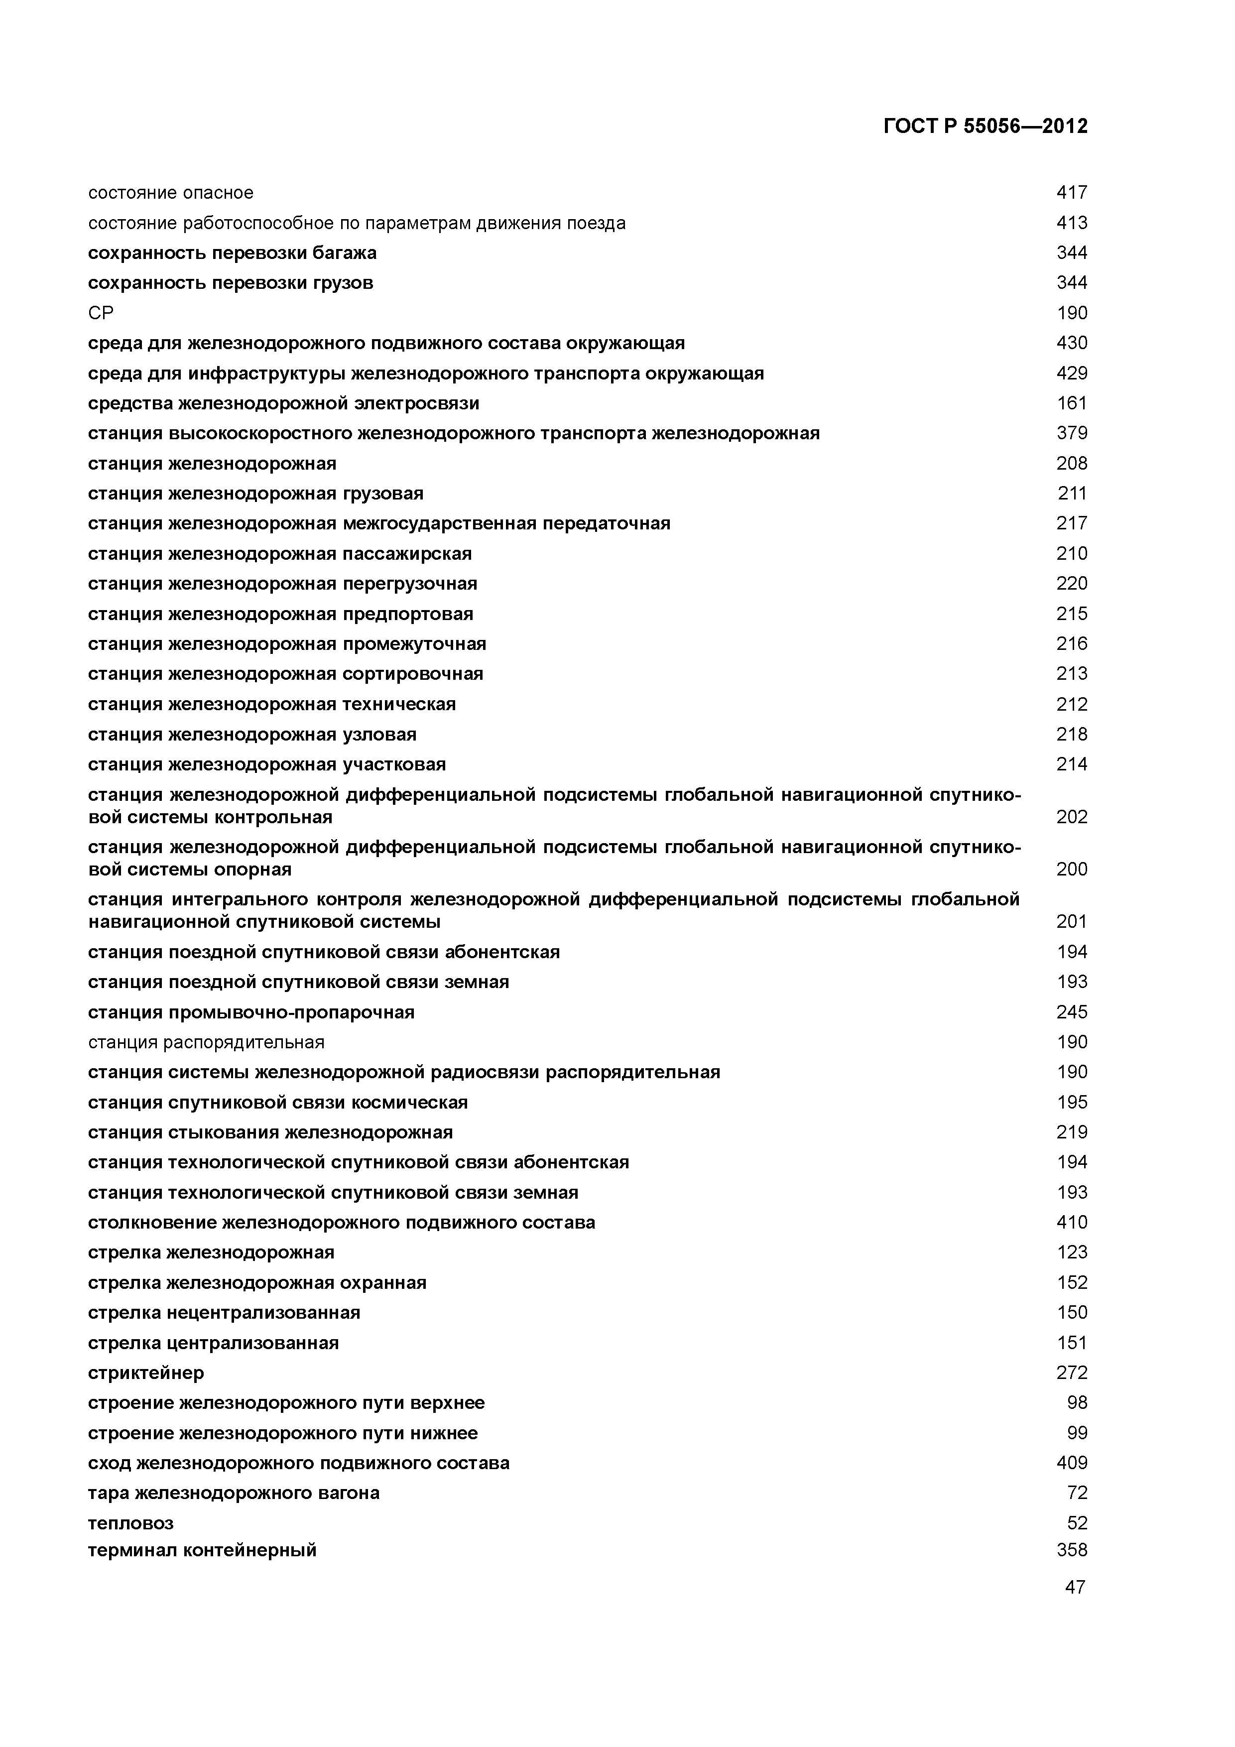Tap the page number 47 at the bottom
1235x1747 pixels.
(1075, 1587)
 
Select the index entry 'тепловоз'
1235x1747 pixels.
(131, 1522)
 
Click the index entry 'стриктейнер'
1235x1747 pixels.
(146, 1373)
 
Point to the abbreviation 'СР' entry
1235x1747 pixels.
(101, 313)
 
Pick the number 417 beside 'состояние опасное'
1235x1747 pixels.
(1071, 193)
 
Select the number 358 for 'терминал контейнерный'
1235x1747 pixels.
(1071, 1550)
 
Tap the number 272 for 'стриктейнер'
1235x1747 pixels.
(1071, 1373)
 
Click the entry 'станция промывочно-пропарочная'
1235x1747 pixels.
(251, 1012)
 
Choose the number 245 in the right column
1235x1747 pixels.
(1071, 1012)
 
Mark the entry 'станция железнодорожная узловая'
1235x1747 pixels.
(252, 734)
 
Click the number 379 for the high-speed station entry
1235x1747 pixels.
(1071, 433)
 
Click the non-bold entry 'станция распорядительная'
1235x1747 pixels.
(206, 1042)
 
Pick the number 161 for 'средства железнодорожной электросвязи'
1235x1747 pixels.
(1071, 403)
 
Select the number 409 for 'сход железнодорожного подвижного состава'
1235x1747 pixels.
(1071, 1463)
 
